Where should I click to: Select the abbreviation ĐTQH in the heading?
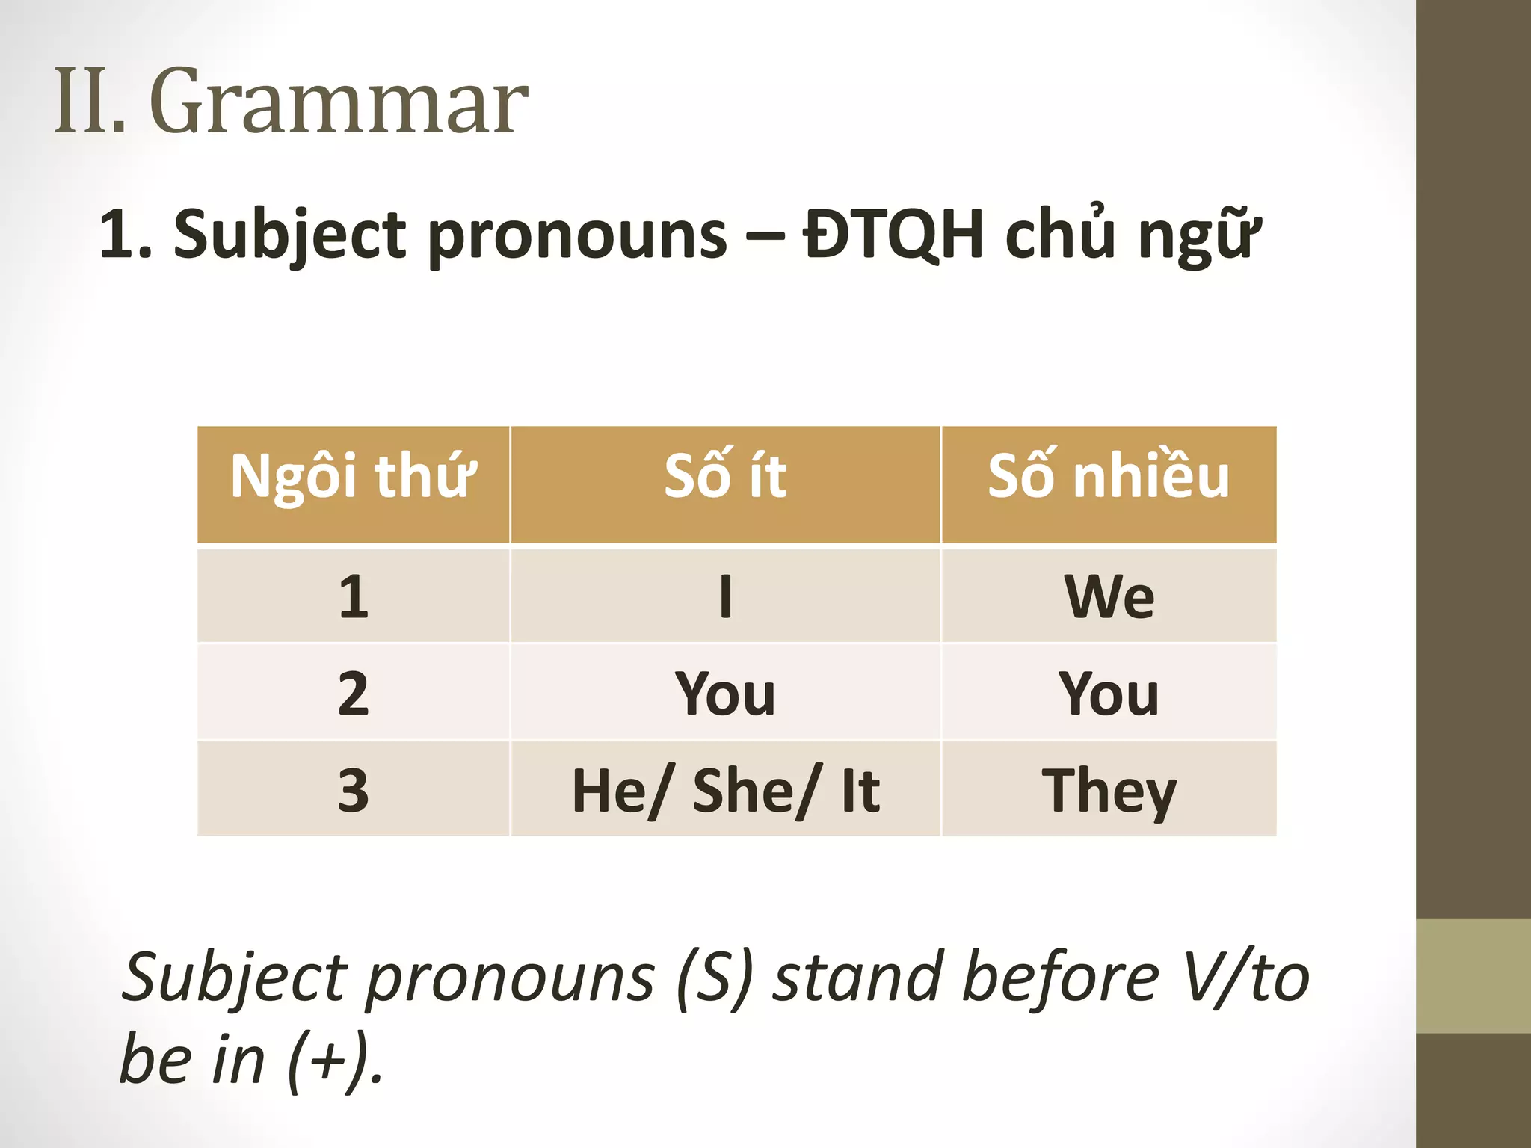click(x=893, y=235)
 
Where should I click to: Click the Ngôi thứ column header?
click(x=353, y=477)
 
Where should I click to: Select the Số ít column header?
click(x=725, y=477)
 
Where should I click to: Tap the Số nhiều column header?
click(x=1109, y=477)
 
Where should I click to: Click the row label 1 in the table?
click(x=353, y=596)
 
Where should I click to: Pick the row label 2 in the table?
click(x=353, y=693)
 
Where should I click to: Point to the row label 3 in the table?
click(x=353, y=789)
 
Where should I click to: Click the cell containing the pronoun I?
click(x=725, y=596)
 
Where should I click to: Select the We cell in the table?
click(x=1109, y=596)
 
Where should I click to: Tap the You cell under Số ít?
click(x=725, y=694)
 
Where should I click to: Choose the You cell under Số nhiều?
click(x=1109, y=694)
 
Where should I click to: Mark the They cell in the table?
click(x=1109, y=791)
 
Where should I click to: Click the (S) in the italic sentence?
click(x=714, y=978)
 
